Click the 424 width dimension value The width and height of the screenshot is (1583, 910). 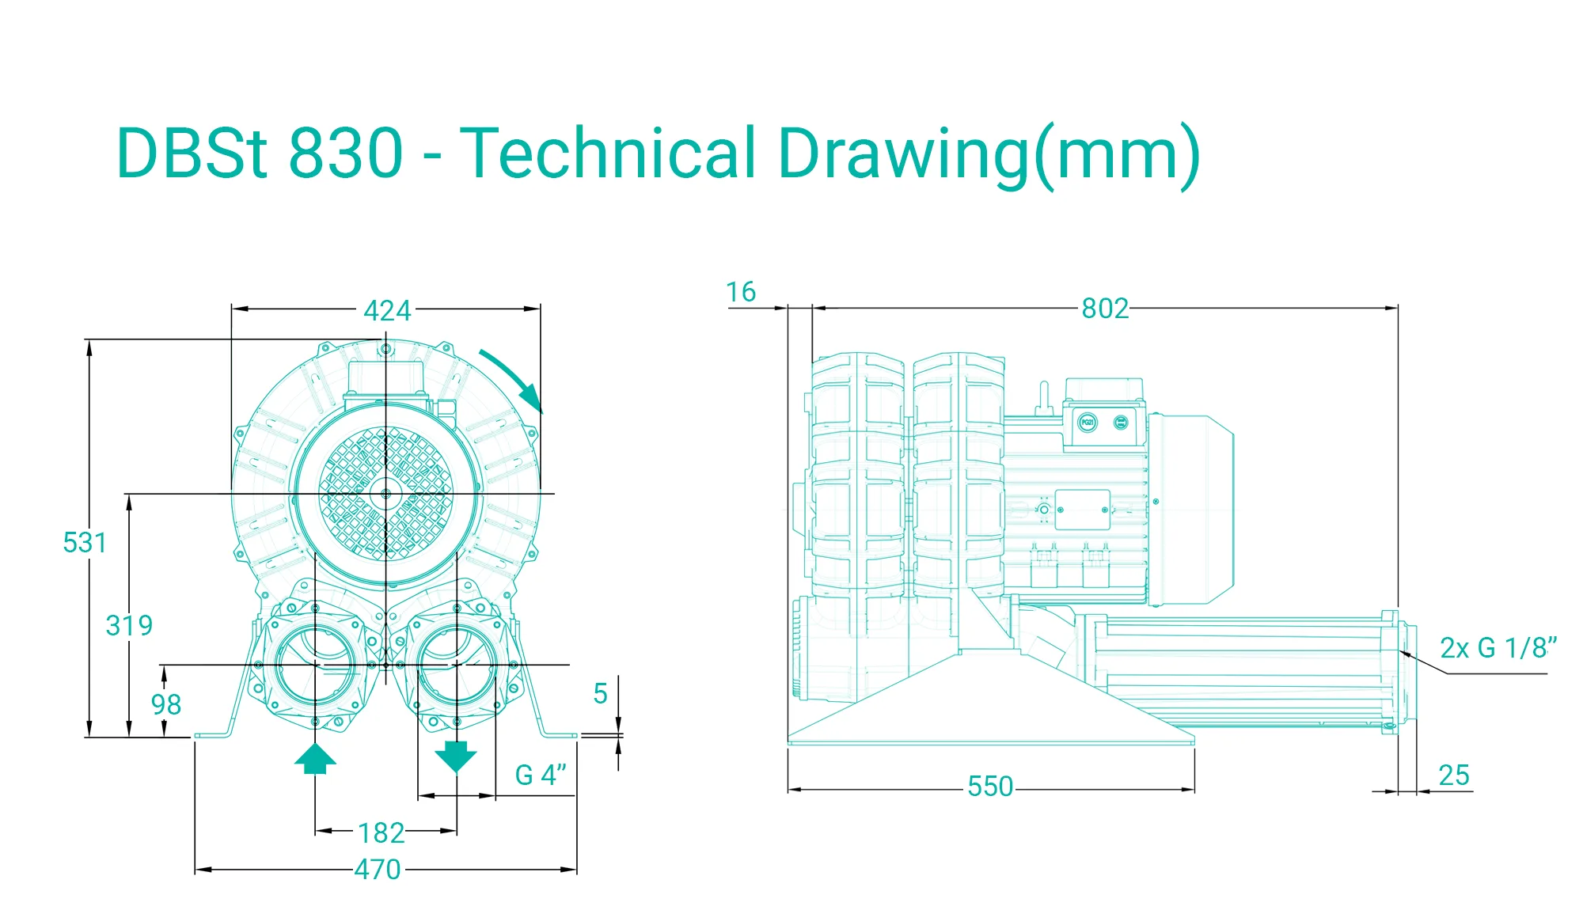point(387,310)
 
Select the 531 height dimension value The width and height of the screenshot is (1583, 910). point(85,543)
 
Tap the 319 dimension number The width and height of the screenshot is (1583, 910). point(129,625)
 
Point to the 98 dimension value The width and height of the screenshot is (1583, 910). point(166,704)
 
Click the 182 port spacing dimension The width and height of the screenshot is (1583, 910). point(381,832)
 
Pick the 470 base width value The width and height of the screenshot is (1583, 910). point(378,869)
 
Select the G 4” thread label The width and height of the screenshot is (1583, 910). point(541,775)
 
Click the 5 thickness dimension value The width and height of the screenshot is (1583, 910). point(601,694)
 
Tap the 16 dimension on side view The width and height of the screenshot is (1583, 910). point(741,292)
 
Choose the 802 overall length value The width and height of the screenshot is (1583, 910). point(1105,308)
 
